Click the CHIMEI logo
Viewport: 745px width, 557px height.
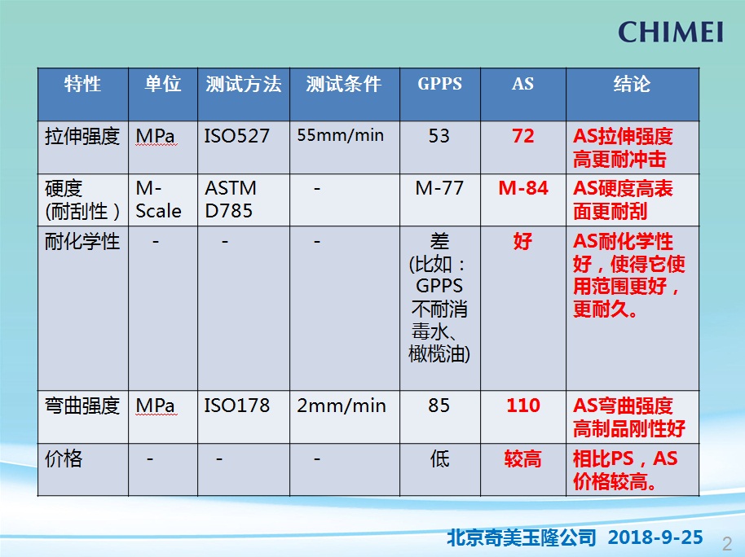(670, 32)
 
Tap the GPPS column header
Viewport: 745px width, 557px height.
(439, 84)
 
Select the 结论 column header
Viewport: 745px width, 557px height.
(632, 84)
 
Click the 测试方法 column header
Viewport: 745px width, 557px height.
(243, 84)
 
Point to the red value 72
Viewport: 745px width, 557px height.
(523, 136)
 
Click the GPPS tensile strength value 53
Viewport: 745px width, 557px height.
(439, 136)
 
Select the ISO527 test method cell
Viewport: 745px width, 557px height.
(236, 136)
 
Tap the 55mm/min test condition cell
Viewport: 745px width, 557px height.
(340, 135)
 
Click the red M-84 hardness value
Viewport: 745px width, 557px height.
(523, 188)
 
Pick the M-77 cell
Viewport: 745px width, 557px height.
(439, 188)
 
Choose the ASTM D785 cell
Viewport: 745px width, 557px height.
(231, 200)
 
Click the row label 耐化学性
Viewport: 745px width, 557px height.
(82, 241)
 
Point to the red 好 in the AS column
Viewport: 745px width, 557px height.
(522, 241)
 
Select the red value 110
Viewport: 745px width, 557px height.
(523, 405)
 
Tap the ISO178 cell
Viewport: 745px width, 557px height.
(236, 405)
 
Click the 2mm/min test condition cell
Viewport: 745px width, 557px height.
(342, 406)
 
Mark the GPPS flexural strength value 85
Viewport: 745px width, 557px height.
(439, 405)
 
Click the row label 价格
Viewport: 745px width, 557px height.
(64, 458)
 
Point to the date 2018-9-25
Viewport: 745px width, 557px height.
(655, 537)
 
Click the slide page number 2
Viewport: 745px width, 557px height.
(727, 543)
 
